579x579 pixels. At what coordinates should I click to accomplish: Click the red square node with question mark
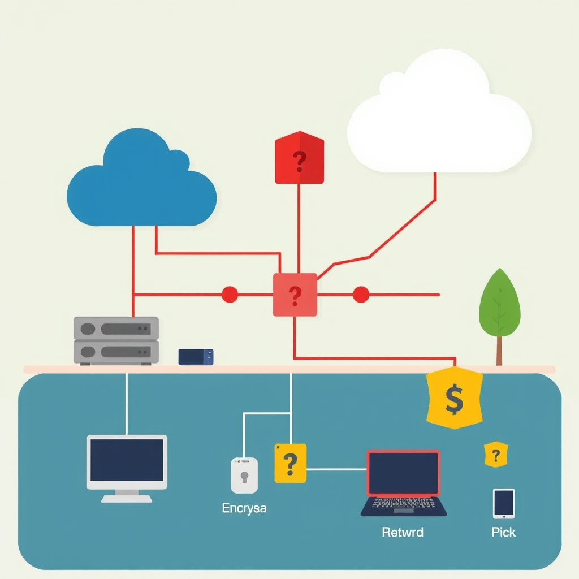pyautogui.click(x=295, y=295)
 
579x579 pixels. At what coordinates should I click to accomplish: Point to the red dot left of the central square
pyautogui.click(x=230, y=295)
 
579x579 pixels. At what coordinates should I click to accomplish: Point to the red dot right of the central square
pyautogui.click(x=361, y=295)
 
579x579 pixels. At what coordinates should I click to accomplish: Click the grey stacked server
pyautogui.click(x=116, y=340)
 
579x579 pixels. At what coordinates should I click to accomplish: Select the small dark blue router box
pyautogui.click(x=196, y=357)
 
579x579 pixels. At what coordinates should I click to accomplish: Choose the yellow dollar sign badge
pyautogui.click(x=454, y=398)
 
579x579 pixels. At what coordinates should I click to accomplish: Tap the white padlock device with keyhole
pyautogui.click(x=244, y=475)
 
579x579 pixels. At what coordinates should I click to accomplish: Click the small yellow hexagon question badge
pyautogui.click(x=496, y=455)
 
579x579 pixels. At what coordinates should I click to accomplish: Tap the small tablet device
pyautogui.click(x=503, y=503)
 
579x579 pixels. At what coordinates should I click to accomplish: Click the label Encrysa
pyautogui.click(x=244, y=508)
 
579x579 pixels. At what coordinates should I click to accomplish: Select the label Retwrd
pyautogui.click(x=403, y=532)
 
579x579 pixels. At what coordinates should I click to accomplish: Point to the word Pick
pyautogui.click(x=503, y=532)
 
